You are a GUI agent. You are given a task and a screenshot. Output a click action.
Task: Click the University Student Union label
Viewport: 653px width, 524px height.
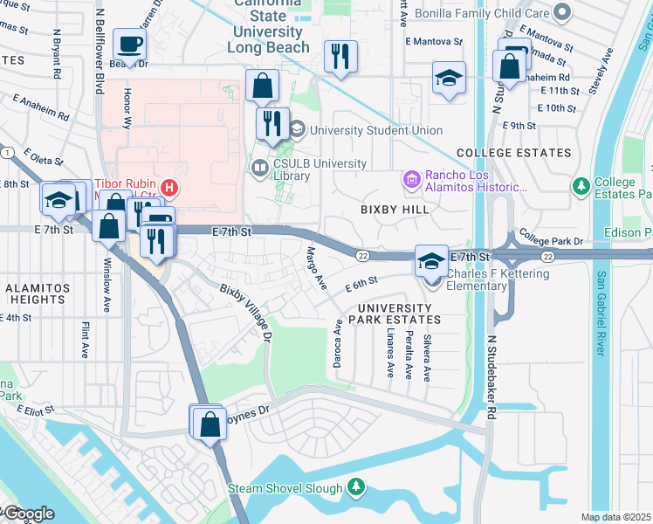[x=375, y=130]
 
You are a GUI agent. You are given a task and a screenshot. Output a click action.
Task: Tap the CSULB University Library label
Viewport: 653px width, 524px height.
[x=315, y=169]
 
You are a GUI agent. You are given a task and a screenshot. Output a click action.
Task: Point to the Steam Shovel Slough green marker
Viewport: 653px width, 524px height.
[x=355, y=486]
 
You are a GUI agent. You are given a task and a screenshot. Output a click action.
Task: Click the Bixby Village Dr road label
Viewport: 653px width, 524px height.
[x=246, y=312]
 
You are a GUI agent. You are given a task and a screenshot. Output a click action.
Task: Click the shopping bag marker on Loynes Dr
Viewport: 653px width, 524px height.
[x=210, y=424]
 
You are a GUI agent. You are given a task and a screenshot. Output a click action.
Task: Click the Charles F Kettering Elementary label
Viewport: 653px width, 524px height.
[x=498, y=279]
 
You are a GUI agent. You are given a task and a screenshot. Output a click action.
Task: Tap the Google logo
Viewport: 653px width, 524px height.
[x=28, y=514]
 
